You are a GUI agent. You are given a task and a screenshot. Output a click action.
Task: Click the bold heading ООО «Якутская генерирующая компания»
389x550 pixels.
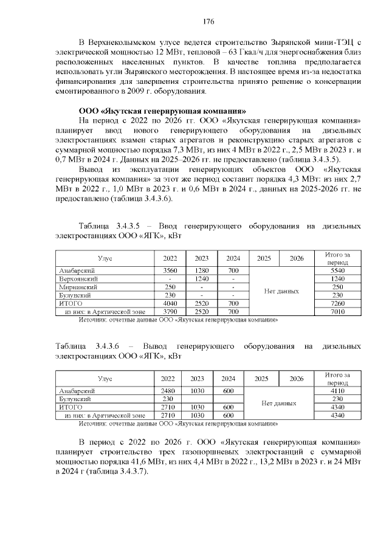pyautogui.click(x=162, y=111)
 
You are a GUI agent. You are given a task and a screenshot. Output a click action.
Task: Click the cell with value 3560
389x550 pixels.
pyautogui.click(x=170, y=270)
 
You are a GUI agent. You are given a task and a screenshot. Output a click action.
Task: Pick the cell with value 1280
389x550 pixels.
pyautogui.click(x=201, y=270)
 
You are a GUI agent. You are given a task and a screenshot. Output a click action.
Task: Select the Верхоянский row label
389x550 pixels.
pyautogui.click(x=79, y=278)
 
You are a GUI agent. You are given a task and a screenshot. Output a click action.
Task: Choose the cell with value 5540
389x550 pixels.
pyautogui.click(x=334, y=270)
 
